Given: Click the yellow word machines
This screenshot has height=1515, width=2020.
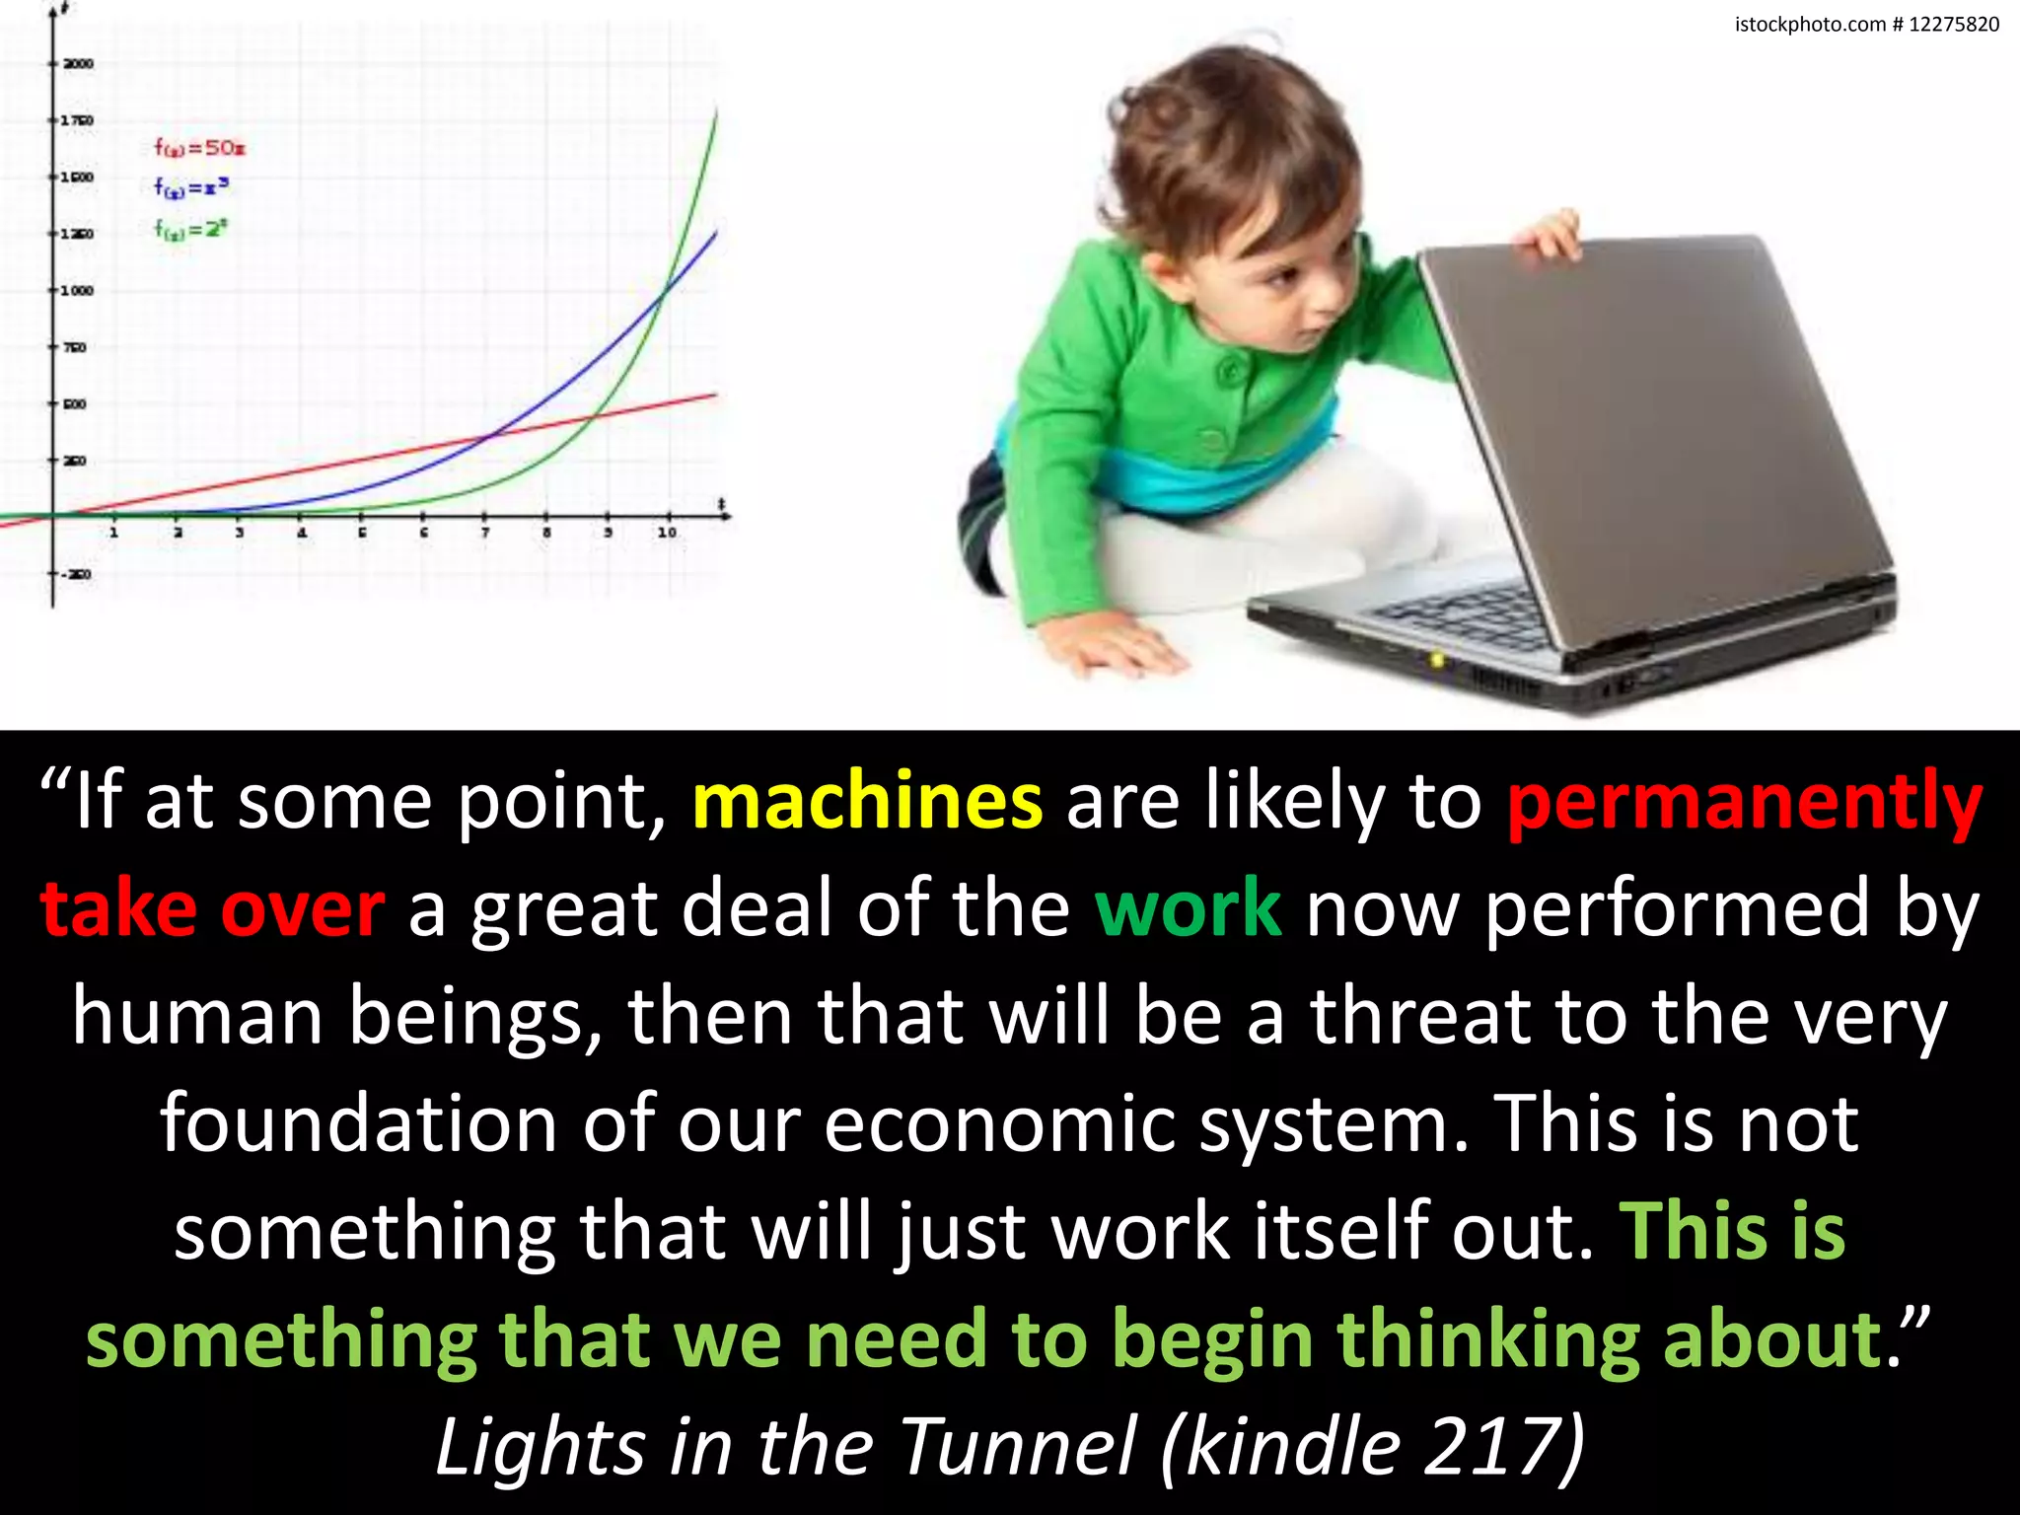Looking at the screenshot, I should (867, 801).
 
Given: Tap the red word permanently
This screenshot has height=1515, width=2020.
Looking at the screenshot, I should (1745, 801).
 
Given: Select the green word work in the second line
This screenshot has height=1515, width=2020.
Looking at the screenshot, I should (1189, 908).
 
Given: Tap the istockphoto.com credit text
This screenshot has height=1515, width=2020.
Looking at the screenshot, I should (1866, 25).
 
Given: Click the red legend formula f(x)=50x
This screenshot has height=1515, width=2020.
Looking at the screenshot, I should (199, 148).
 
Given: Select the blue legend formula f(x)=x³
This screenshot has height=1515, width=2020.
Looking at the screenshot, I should (191, 186).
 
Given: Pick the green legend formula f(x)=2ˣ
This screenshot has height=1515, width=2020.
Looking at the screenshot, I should (190, 229).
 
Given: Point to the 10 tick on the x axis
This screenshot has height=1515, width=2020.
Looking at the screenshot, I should (668, 532).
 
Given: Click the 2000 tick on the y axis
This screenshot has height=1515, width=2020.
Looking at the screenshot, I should (78, 64).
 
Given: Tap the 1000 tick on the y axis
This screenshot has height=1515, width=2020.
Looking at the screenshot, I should (78, 291).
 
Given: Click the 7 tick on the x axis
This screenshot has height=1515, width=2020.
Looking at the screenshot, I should (484, 532).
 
